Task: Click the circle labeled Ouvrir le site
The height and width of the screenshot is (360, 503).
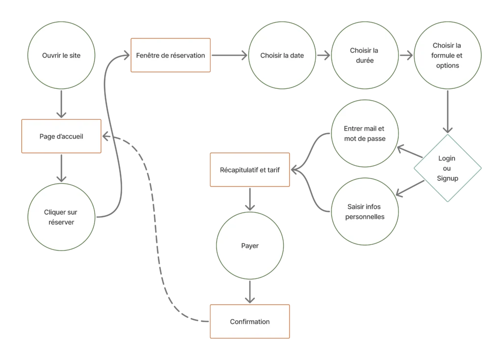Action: [x=61, y=55]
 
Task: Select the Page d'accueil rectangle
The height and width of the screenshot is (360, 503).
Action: [x=61, y=137]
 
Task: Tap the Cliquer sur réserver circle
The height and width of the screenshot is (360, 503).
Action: [x=61, y=217]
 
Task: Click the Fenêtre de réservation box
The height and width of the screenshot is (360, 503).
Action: [x=170, y=55]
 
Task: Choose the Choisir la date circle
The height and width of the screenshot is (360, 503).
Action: [x=282, y=55]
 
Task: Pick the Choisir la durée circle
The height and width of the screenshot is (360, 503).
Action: [x=364, y=55]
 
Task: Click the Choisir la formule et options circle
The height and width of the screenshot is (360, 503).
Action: [x=447, y=55]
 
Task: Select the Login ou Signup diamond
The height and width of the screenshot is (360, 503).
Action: [x=447, y=168]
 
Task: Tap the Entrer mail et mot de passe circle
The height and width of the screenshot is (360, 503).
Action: [x=364, y=134]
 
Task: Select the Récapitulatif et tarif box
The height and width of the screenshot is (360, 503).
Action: [x=250, y=170]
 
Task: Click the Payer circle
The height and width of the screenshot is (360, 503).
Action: [x=250, y=246]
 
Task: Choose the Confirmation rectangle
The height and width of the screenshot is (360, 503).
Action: [x=250, y=322]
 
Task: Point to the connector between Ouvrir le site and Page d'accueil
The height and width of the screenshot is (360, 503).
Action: [x=61, y=104]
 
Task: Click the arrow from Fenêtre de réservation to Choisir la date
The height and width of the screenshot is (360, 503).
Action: [x=229, y=55]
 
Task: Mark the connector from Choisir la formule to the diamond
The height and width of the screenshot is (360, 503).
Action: [x=447, y=111]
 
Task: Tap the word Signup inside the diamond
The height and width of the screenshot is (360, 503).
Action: [x=447, y=178]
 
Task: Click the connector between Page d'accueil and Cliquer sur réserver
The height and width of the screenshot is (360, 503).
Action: [x=61, y=168]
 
